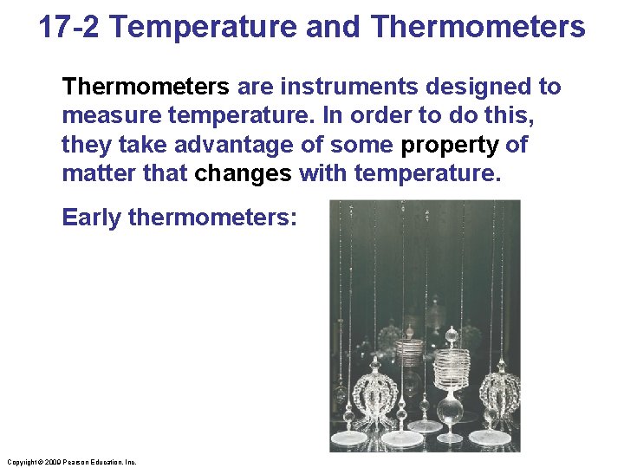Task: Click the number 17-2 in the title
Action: (x=69, y=28)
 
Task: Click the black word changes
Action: (x=243, y=172)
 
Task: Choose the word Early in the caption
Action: (x=91, y=217)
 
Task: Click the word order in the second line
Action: (x=385, y=115)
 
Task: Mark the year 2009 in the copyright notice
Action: (x=50, y=462)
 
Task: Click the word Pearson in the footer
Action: (x=76, y=462)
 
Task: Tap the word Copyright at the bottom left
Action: (x=20, y=462)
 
